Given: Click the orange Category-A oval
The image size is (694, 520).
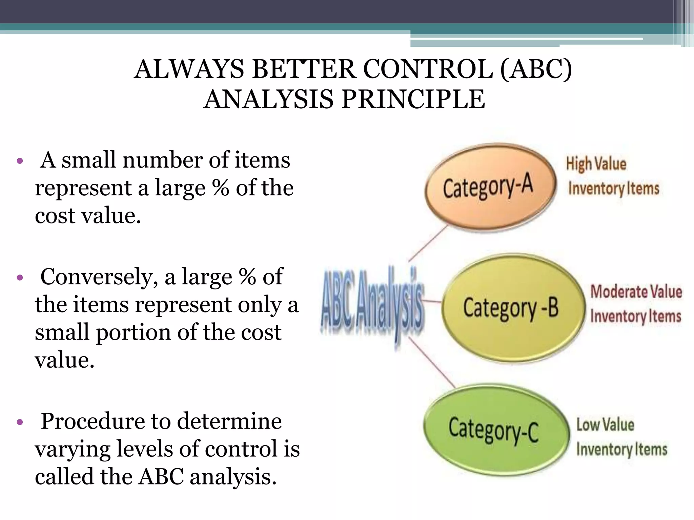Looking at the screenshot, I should pyautogui.click(x=490, y=187).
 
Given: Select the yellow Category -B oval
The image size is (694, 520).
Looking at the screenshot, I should pyautogui.click(x=512, y=308).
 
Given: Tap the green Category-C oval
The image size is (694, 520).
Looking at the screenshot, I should pyautogui.click(x=495, y=430).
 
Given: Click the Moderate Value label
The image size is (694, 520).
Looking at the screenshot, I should pyautogui.click(x=636, y=292).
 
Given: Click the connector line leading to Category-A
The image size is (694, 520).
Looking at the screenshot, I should pyautogui.click(x=429, y=243).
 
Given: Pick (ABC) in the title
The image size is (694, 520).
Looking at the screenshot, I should pyautogui.click(x=536, y=69).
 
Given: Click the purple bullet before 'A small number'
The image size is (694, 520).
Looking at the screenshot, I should pyautogui.click(x=20, y=160).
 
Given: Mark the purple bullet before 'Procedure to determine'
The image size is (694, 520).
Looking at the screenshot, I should pyautogui.click(x=20, y=422).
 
